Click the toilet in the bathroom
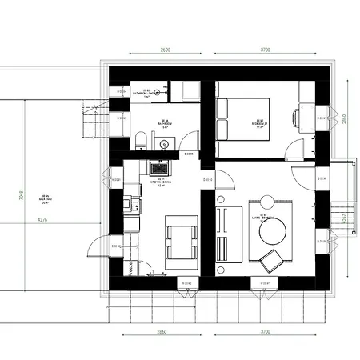pos(141,142)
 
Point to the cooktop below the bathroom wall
pos(158,167)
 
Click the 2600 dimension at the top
pos(166,50)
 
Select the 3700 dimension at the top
pos(265,50)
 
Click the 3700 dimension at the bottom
pos(265,330)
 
